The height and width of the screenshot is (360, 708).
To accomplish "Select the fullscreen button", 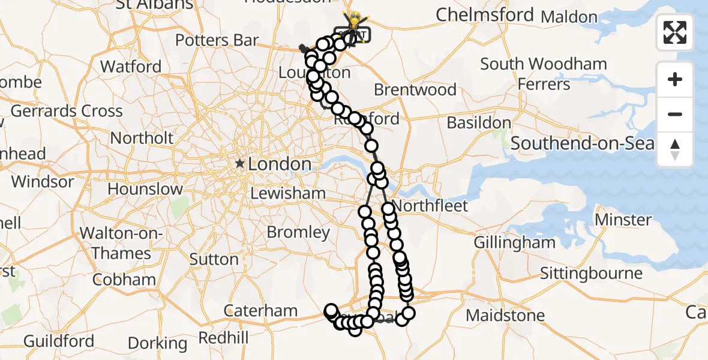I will [x=675, y=32].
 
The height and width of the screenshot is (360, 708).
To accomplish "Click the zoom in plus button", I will [x=675, y=80].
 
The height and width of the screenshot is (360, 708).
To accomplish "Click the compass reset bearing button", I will [x=675, y=149].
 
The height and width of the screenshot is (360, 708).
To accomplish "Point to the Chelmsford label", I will [x=485, y=14].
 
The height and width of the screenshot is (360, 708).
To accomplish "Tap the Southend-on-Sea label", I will [x=582, y=143].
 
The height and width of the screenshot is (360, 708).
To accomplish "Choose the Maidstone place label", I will [x=505, y=315].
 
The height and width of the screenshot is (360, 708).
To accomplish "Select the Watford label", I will [x=131, y=66].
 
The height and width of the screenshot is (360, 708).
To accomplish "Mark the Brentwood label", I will [x=415, y=90].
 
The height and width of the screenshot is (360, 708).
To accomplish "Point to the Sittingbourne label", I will [x=591, y=274].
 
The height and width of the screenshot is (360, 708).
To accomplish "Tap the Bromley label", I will [x=298, y=232].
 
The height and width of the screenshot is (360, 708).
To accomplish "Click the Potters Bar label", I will [x=217, y=41].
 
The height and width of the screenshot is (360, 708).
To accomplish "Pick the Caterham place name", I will [x=260, y=310].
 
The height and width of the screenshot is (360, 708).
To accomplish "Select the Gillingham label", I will [x=514, y=242].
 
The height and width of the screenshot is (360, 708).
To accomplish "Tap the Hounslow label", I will [x=145, y=189].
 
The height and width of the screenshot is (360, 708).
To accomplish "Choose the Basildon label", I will [x=479, y=123].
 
